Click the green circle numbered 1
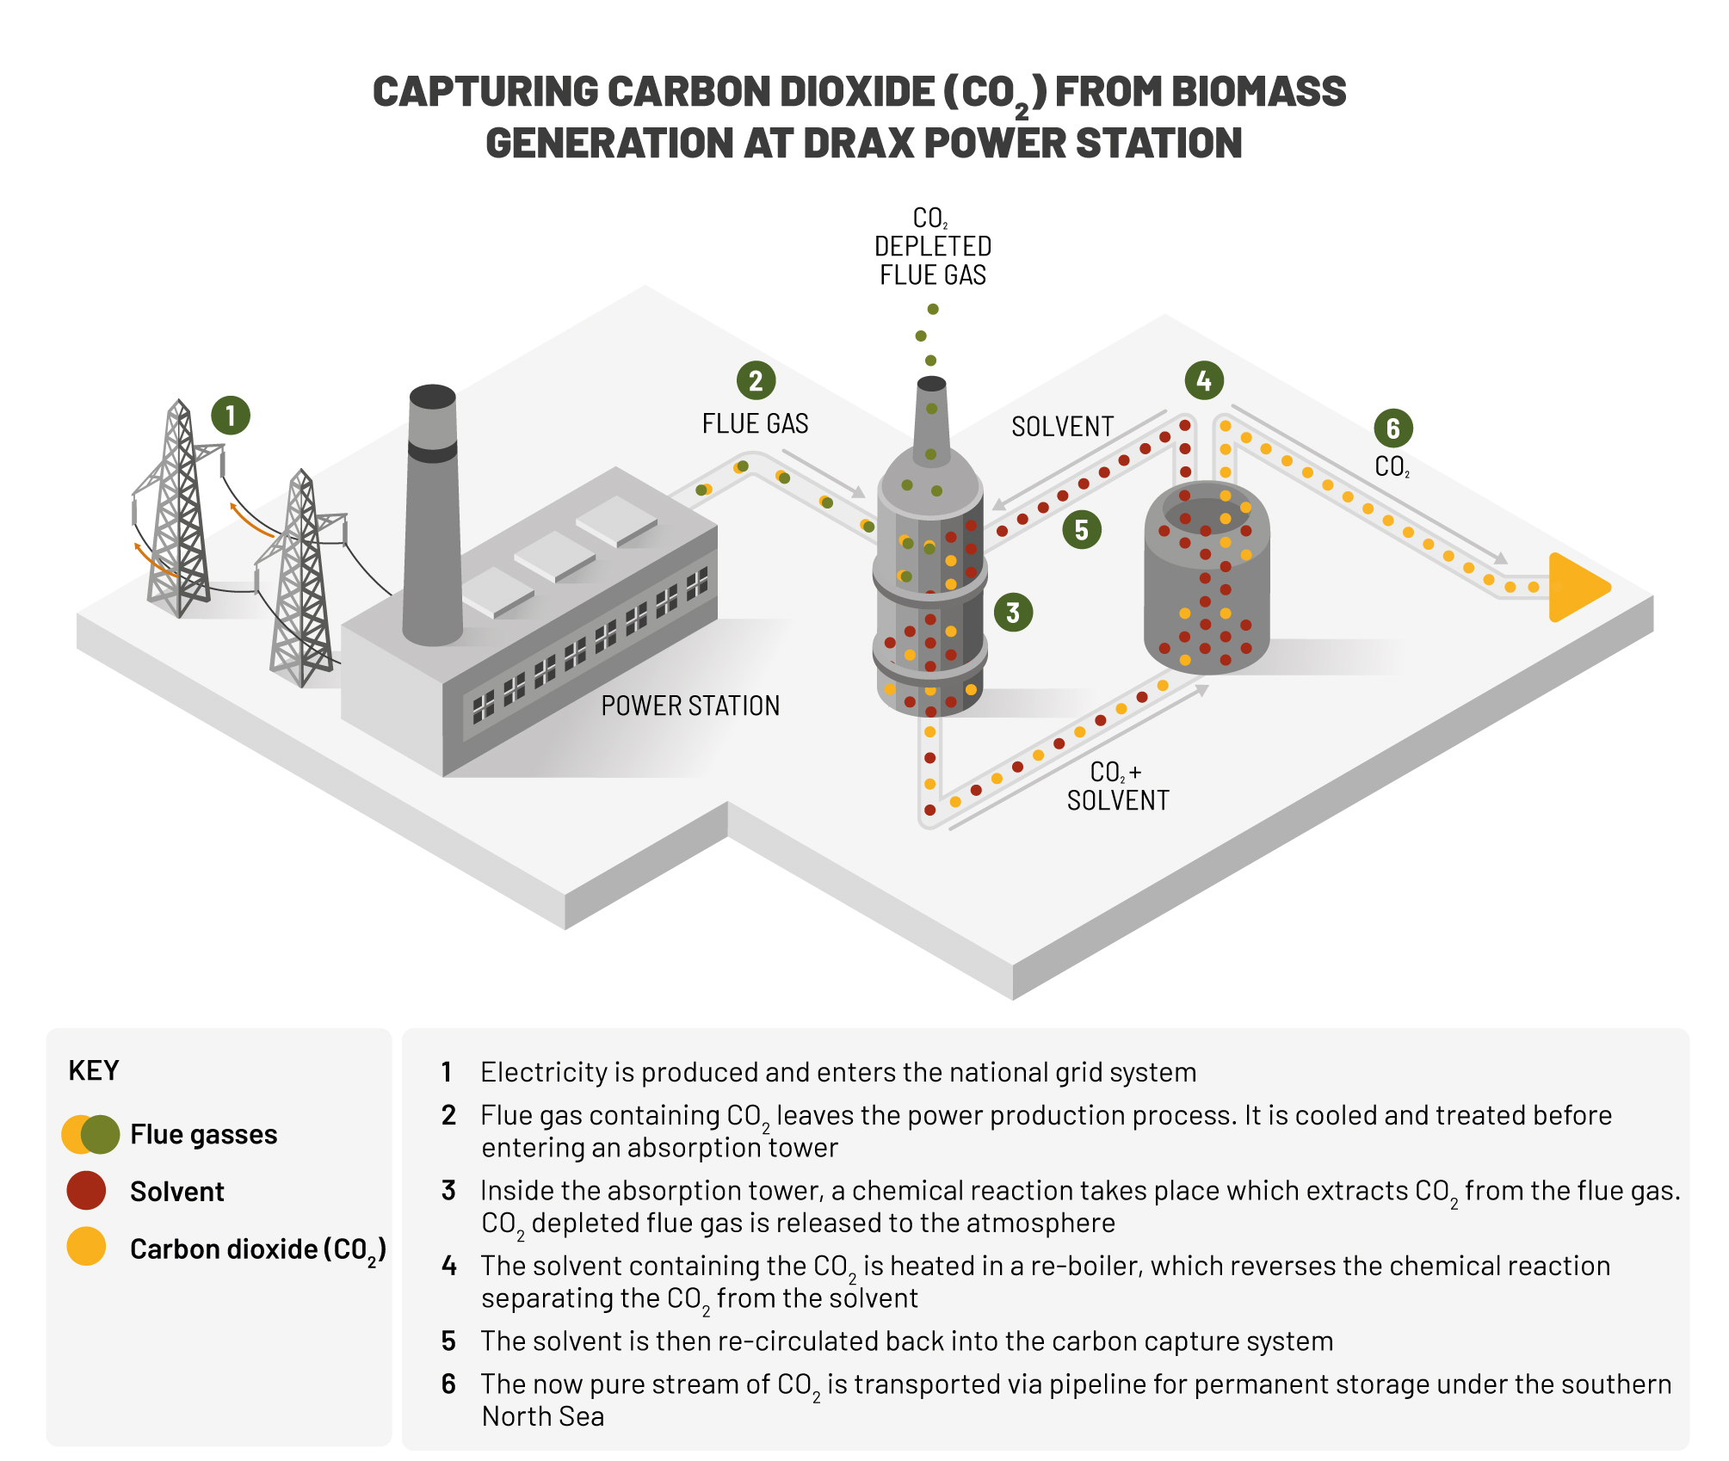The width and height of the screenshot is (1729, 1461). click(231, 416)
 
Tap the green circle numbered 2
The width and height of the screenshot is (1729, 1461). click(756, 380)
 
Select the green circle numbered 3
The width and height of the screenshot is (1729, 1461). click(1013, 613)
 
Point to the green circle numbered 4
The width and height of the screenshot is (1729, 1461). click(1204, 380)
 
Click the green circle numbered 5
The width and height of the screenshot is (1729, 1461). click(1082, 530)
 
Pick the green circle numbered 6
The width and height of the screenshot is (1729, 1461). click(1393, 428)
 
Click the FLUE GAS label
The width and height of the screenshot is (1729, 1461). click(755, 424)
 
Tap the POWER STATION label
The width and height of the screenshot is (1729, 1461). click(690, 706)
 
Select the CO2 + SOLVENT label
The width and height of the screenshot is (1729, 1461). click(1117, 786)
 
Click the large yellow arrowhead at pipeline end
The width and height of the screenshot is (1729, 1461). click(1575, 588)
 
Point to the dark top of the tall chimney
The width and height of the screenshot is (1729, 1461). click(432, 397)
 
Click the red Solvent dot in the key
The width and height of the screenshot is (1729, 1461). click(86, 1191)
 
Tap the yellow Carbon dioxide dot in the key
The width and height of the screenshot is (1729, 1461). click(86, 1246)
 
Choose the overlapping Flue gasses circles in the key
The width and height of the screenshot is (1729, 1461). click(90, 1134)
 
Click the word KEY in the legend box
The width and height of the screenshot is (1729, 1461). click(93, 1070)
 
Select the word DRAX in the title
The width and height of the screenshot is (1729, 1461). click(861, 143)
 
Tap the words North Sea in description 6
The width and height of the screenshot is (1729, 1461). click(543, 1416)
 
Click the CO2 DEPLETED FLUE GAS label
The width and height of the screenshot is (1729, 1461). click(932, 247)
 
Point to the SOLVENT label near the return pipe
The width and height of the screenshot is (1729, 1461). click(1062, 427)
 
